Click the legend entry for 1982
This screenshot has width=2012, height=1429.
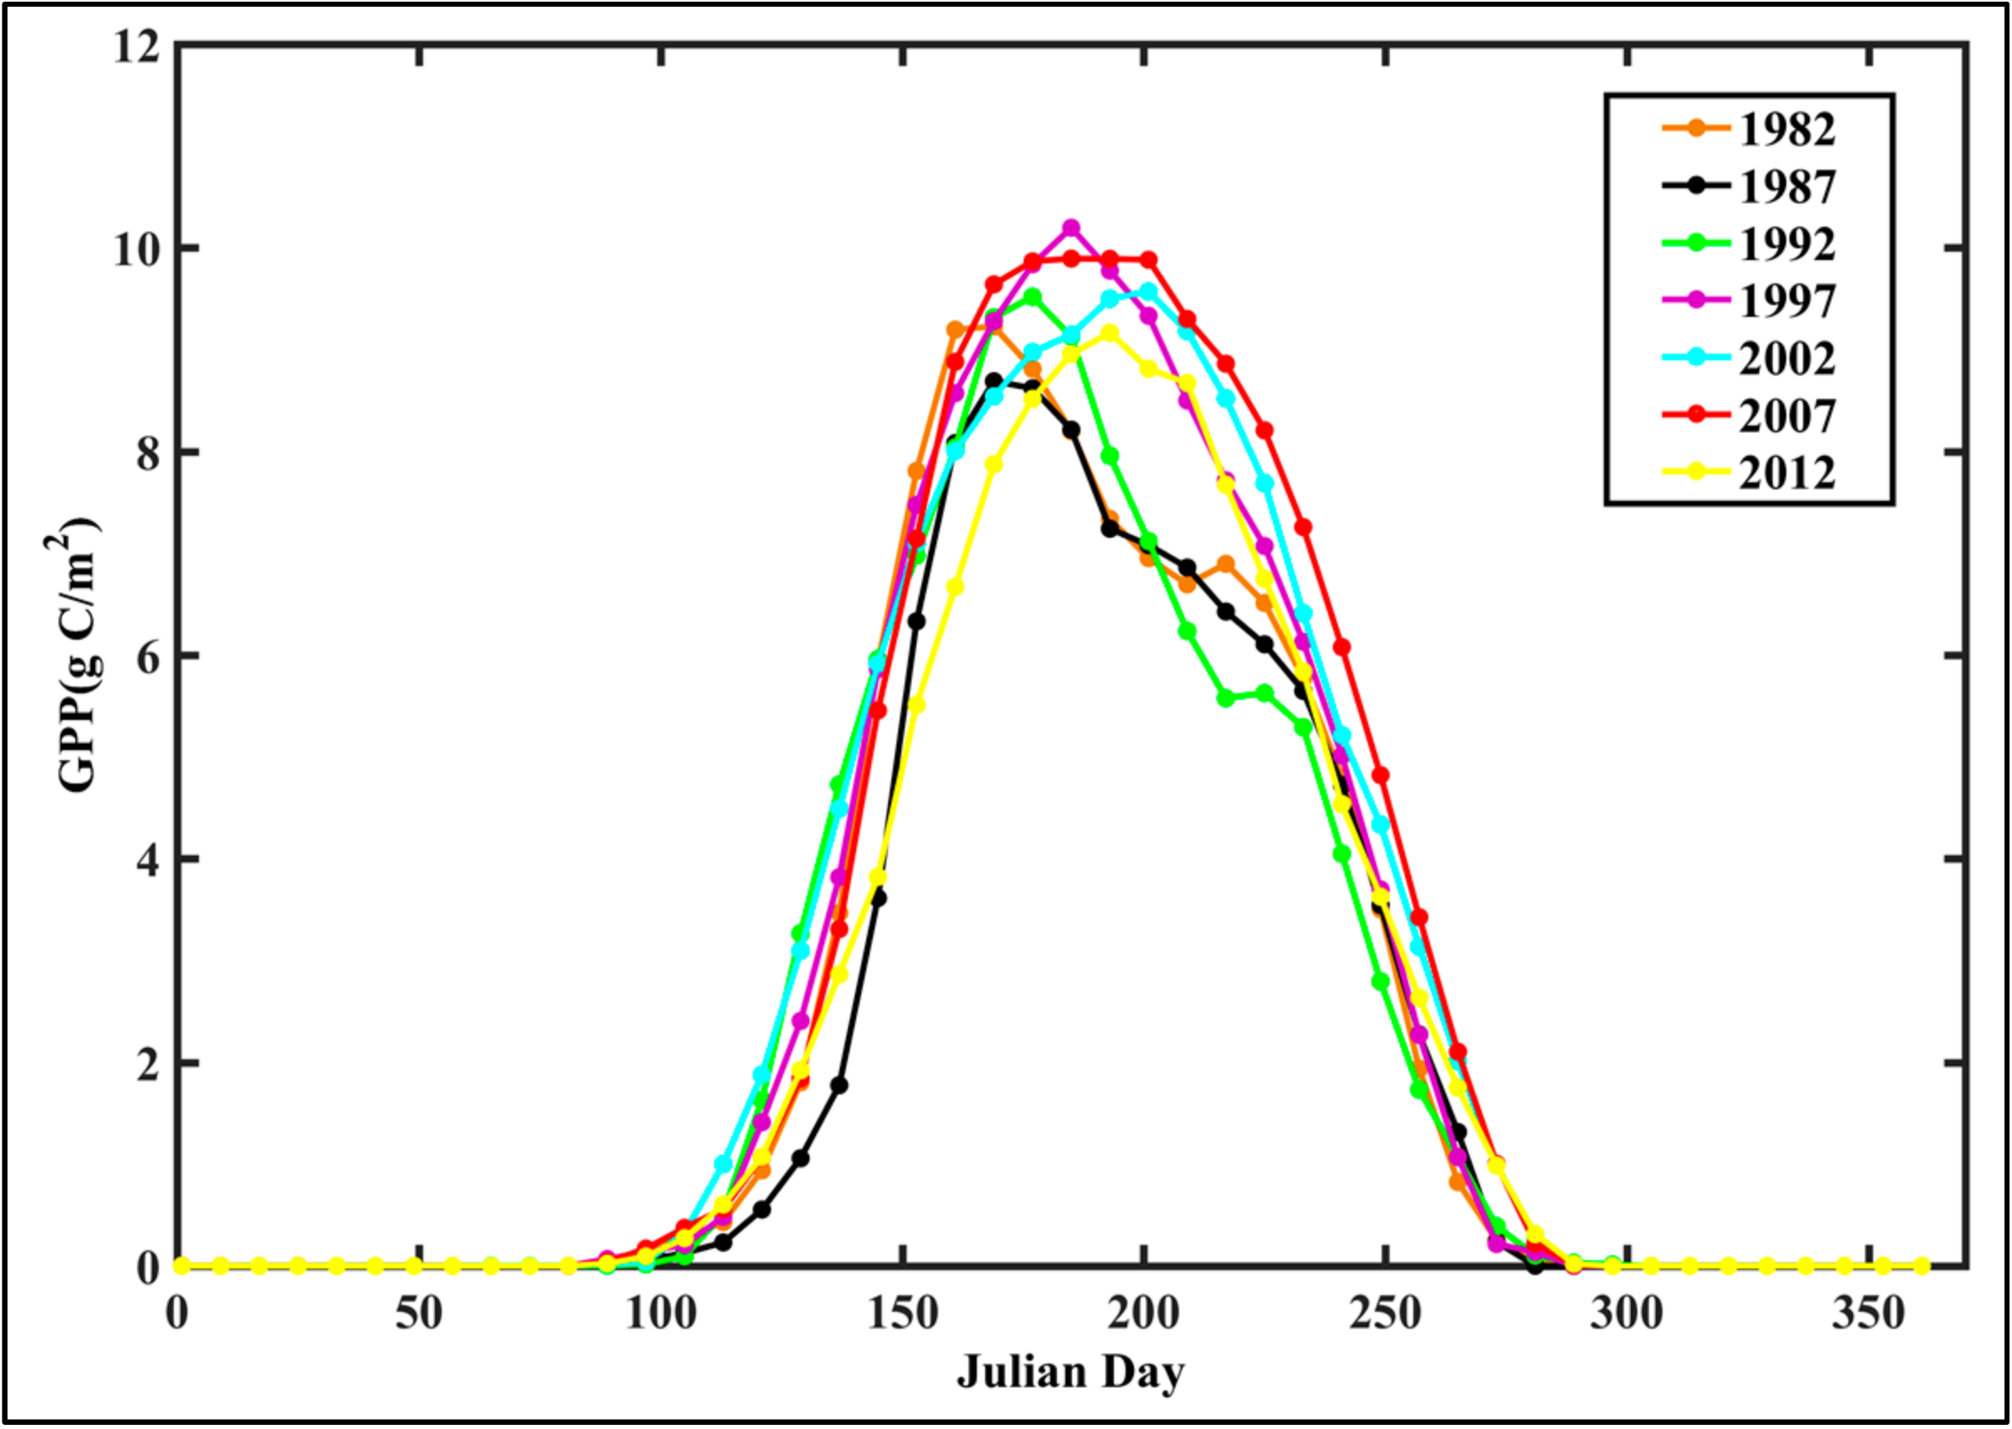pos(1786,130)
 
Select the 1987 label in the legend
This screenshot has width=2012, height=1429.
pos(1786,187)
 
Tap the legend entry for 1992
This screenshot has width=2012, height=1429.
pos(1786,243)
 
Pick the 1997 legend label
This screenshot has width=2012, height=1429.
pos(1786,301)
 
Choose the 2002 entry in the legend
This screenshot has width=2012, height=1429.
pos(1786,358)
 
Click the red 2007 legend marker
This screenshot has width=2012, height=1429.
pos(1696,415)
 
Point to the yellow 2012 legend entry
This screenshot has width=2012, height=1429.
pos(1786,472)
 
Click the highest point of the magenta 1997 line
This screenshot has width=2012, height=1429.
pos(1070,228)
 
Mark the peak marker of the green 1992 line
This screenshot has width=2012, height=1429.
pos(1032,298)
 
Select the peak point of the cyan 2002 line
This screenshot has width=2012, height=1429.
pos(1148,290)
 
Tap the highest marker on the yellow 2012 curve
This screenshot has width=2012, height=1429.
pos(1110,334)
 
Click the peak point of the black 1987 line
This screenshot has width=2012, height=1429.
pos(993,381)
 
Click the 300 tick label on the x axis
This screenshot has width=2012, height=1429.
pos(1626,1314)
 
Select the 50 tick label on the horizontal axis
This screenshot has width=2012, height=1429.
pos(419,1314)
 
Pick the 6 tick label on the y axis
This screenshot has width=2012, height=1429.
pos(148,656)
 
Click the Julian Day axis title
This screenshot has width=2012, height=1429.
pos(1070,1372)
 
